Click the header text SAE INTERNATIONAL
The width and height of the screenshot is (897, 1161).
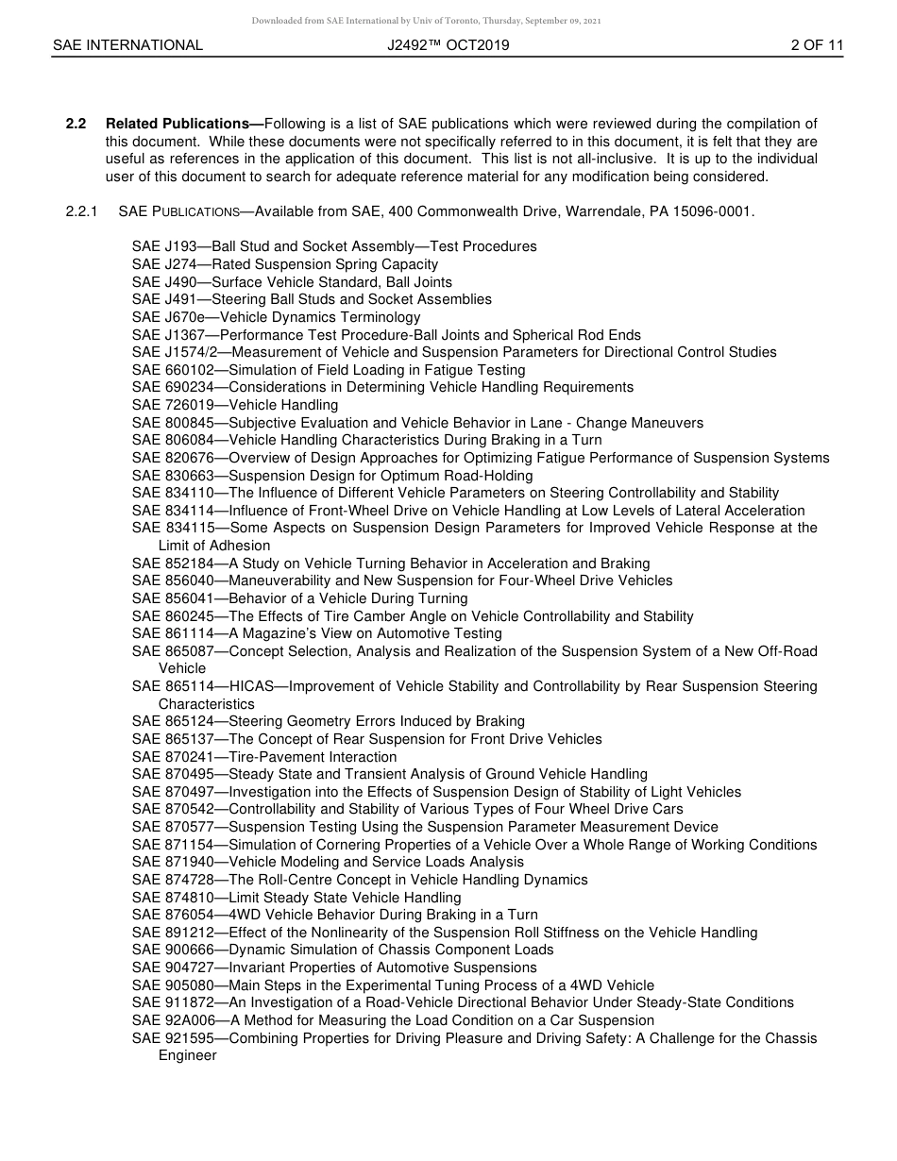(x=127, y=45)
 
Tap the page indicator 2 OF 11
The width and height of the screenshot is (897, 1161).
(x=817, y=45)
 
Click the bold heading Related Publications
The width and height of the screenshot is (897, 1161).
(x=177, y=124)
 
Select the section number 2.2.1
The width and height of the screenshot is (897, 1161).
(x=82, y=211)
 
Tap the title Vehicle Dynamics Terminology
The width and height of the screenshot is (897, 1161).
(x=320, y=317)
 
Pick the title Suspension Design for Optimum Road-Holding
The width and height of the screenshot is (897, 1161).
(x=381, y=476)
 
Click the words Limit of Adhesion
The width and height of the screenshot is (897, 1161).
(x=214, y=546)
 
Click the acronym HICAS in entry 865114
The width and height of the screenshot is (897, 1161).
(x=252, y=686)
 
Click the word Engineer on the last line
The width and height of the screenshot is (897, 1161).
(x=187, y=1055)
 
